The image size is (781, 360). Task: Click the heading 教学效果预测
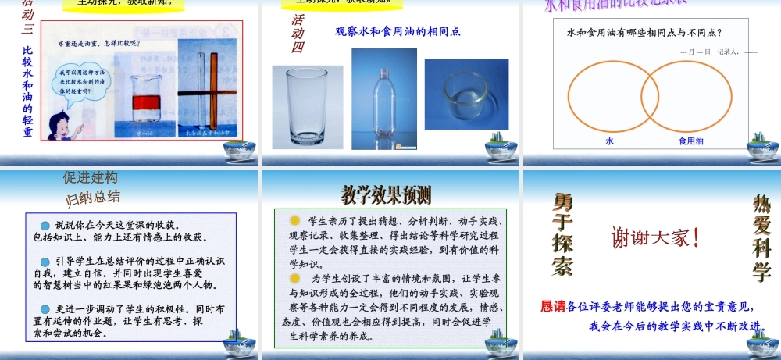coord(386,194)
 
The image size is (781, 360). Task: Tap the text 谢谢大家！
coord(654,237)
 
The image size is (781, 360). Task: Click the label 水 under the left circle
coord(610,141)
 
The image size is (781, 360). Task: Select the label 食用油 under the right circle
coord(690,141)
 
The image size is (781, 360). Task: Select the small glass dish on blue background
coord(466,94)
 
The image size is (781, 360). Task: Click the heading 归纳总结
coord(92,196)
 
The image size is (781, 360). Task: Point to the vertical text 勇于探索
coord(562,234)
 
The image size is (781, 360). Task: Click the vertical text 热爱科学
coord(761,238)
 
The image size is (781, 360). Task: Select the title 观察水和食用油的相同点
coord(398,32)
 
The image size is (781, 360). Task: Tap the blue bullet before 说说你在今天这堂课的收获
coord(45,225)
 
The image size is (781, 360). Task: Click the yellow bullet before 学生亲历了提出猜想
coord(294,221)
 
